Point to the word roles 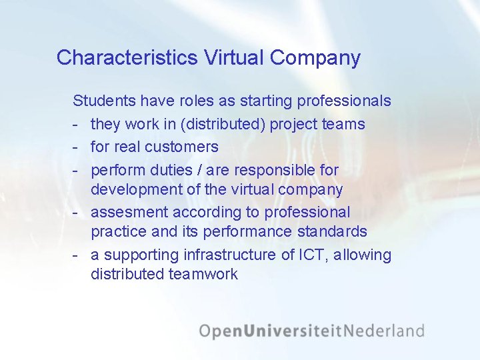pyautogui.click(x=198, y=101)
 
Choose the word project pyautogui.click(x=293, y=124)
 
